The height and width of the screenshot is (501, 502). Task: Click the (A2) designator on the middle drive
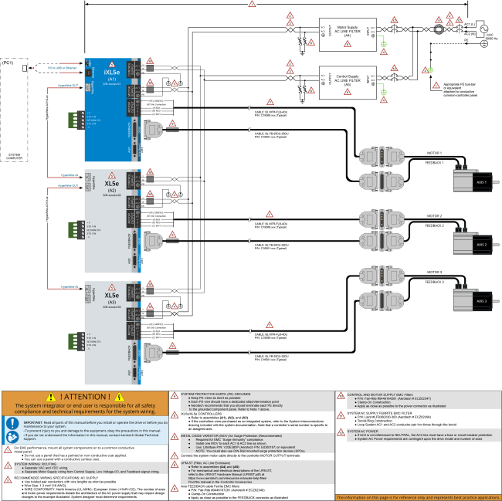pos(112,190)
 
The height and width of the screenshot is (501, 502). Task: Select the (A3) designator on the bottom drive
pos(112,302)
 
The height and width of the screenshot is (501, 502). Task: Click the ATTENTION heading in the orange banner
pos(85,396)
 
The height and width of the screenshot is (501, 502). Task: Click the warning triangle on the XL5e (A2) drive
pos(111,175)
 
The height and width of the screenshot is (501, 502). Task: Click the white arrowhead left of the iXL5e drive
pos(29,68)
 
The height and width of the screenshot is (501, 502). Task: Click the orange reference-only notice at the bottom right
pos(418,496)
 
